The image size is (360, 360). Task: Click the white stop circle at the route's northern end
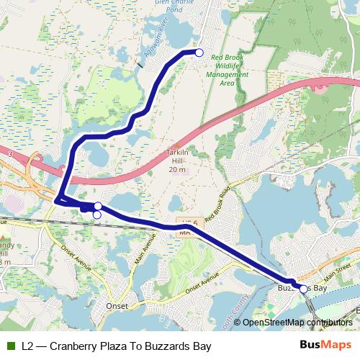(x=199, y=53)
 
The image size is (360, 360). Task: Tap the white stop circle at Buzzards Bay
(x=303, y=289)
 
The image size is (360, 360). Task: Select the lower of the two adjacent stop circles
(x=96, y=214)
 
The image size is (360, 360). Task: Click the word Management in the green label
(x=227, y=75)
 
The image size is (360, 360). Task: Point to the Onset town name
(x=117, y=306)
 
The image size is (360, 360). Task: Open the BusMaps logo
(x=325, y=346)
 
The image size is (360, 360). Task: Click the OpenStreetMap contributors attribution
(x=297, y=323)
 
